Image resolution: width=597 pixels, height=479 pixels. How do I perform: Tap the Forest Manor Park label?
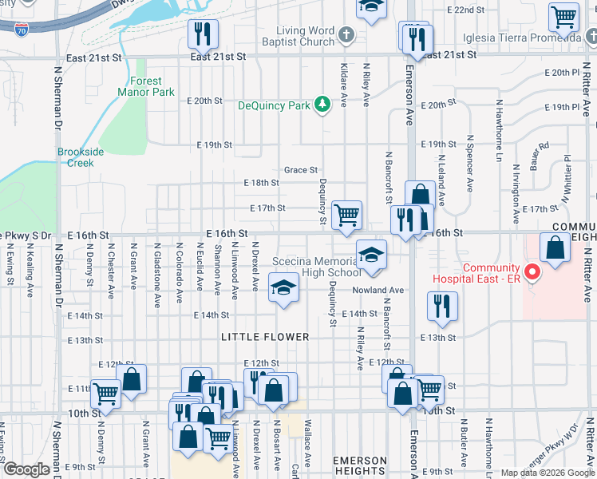[x=145, y=87]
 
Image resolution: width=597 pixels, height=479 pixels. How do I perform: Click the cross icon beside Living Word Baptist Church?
[x=346, y=36]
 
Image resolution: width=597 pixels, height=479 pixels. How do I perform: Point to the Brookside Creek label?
[x=75, y=157]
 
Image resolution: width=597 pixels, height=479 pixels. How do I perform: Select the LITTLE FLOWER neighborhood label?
[x=265, y=338]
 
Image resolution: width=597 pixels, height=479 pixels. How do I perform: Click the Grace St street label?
[x=301, y=170]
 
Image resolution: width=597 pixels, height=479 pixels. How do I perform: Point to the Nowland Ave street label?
[x=380, y=291]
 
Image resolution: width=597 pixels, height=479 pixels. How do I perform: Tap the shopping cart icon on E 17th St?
[x=346, y=215]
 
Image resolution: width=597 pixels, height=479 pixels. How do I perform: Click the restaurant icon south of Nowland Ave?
[x=438, y=305]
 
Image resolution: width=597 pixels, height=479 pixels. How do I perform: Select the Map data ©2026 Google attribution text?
[x=547, y=473]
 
